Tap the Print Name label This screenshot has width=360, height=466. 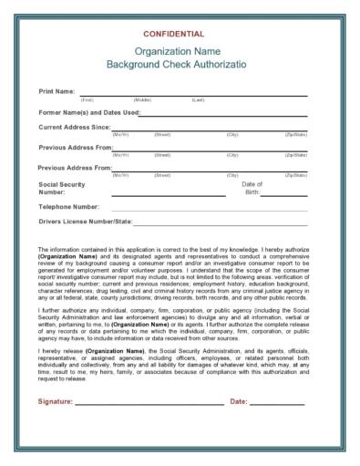tap(57, 92)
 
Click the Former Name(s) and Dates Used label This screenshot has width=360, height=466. tap(88, 112)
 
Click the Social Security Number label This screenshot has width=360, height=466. tap(63, 188)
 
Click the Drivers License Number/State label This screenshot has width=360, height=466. tap(86, 222)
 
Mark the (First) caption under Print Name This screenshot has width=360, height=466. tap(87, 99)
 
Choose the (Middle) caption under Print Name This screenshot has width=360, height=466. tap(142, 99)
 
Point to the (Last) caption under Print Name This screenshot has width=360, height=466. tap(198, 99)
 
